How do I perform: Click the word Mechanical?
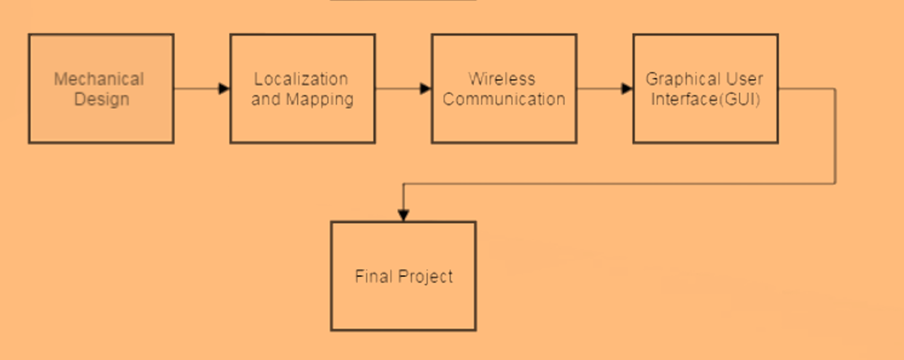coord(99,79)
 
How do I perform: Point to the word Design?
coord(102,100)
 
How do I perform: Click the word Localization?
coord(301,79)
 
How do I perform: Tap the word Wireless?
coord(502,79)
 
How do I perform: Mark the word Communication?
coord(504,100)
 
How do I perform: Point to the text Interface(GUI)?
coord(706,100)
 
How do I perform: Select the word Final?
coord(373,276)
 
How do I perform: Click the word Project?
coord(425,277)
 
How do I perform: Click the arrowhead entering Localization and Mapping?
coord(224,89)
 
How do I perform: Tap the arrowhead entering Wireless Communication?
coord(426,89)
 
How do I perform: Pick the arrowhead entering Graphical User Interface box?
coord(627,89)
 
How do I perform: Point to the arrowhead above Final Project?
coord(403,214)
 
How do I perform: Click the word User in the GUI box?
coord(744,79)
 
